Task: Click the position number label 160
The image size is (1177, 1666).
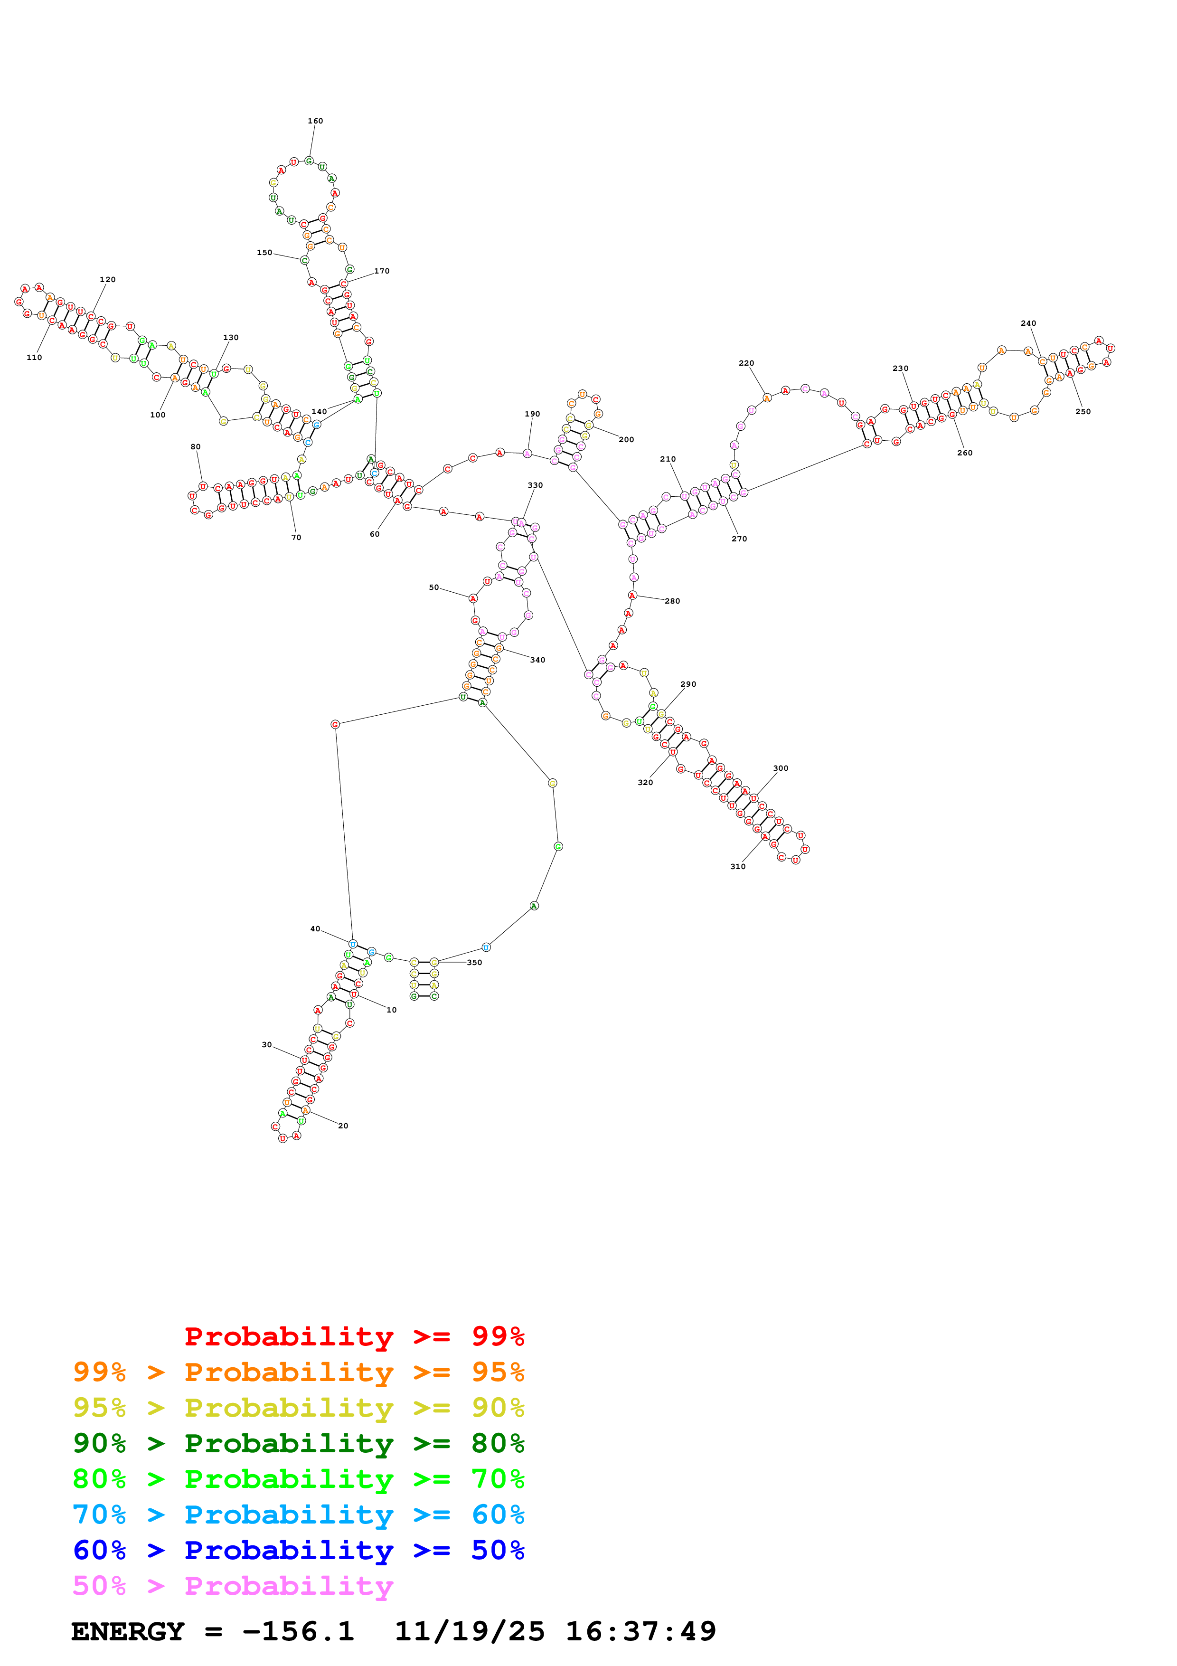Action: coord(315,121)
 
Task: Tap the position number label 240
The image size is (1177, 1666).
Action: coord(1028,323)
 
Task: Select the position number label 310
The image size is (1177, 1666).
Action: coord(737,866)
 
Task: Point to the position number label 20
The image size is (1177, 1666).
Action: coord(343,1126)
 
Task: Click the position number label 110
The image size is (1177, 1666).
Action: coord(34,358)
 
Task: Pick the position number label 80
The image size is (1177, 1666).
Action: coord(196,447)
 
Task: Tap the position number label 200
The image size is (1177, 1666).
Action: coord(626,440)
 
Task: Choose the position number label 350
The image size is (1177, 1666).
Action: coord(474,963)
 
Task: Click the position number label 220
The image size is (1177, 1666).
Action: coord(746,363)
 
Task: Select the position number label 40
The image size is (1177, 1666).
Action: coord(315,929)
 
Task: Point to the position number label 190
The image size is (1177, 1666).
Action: coord(532,414)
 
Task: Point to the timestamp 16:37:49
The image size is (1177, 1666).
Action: coord(640,1632)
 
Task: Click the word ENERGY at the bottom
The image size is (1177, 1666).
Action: coord(128,1632)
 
